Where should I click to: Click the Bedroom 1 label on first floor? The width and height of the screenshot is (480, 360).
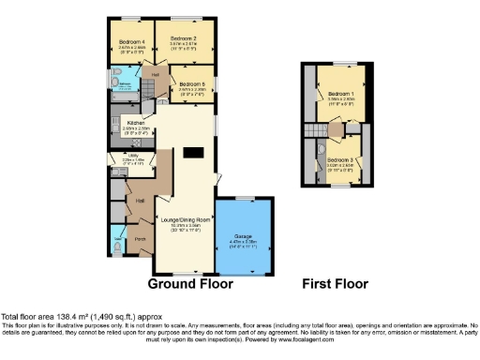point(338,95)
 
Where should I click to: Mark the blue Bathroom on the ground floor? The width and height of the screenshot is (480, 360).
point(126,90)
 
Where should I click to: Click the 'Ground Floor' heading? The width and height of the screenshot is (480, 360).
point(190,283)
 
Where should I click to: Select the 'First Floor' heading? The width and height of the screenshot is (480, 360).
point(336,283)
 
